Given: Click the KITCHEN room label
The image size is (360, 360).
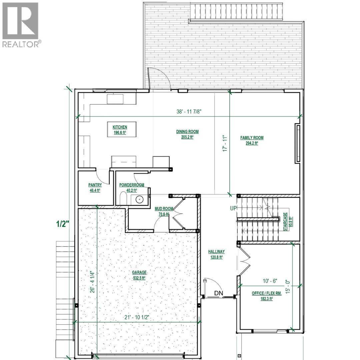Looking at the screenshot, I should point(120,127).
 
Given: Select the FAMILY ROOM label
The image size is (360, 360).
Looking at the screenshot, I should point(252,138).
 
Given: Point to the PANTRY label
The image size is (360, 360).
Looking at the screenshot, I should point(95,185).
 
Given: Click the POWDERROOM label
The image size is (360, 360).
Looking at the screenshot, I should point(132,185).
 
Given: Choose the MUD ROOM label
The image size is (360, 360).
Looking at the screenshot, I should point(162,209).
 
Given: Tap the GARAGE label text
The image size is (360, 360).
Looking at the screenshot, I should point(139,272).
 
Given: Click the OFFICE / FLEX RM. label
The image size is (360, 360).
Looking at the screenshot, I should point(262,293).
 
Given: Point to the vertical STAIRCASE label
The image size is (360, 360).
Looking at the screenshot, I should point(285,222).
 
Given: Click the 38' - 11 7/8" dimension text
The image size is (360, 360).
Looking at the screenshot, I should point(191,112).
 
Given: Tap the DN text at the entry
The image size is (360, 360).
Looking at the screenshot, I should point(219,294).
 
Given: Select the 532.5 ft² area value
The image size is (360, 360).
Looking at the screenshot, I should point(139,277).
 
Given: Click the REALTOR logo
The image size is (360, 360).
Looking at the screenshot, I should point(21,25).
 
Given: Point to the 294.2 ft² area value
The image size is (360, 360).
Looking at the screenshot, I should point(252,143).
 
